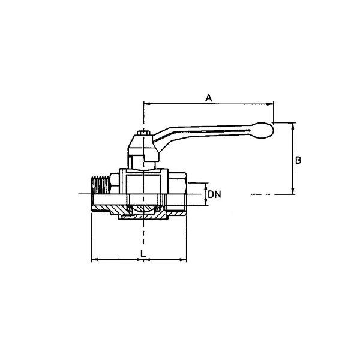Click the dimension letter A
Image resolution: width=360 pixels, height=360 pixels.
pos(208,98)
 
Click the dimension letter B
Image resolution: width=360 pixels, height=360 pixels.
pos(298,160)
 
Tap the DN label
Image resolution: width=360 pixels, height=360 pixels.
pos(214,194)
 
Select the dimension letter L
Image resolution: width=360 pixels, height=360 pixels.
pos(143,253)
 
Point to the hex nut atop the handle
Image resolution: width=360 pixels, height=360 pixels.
pos(143,133)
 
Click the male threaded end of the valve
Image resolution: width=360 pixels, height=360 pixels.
pos(101,185)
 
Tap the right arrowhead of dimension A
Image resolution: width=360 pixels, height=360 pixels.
pos(270,104)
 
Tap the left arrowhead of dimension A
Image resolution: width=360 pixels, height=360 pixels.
pos(147,104)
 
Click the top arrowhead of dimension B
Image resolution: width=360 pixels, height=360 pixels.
pos(293,126)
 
